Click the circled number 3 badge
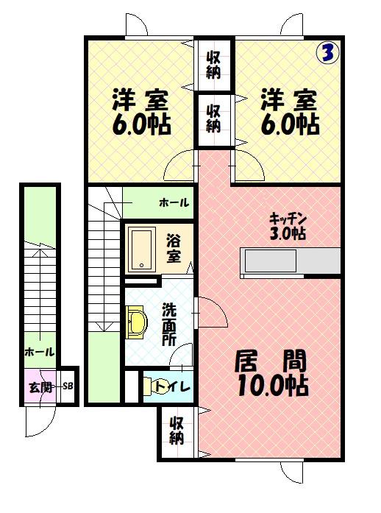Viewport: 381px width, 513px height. (328, 52)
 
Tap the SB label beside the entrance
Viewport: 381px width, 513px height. (68, 386)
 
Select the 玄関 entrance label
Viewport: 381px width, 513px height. (40, 387)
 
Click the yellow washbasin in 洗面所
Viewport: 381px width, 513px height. (136, 322)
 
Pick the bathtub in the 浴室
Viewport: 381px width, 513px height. (142, 250)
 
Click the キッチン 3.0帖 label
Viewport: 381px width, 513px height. (288, 226)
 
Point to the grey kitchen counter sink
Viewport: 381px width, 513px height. (271, 261)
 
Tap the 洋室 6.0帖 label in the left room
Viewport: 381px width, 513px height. (141, 112)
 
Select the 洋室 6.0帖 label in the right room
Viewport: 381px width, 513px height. (290, 112)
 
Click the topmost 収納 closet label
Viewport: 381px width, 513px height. (213, 65)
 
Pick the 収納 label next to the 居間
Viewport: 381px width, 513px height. (177, 431)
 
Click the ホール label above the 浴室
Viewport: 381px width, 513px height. (174, 203)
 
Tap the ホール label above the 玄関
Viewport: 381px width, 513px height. (40, 352)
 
